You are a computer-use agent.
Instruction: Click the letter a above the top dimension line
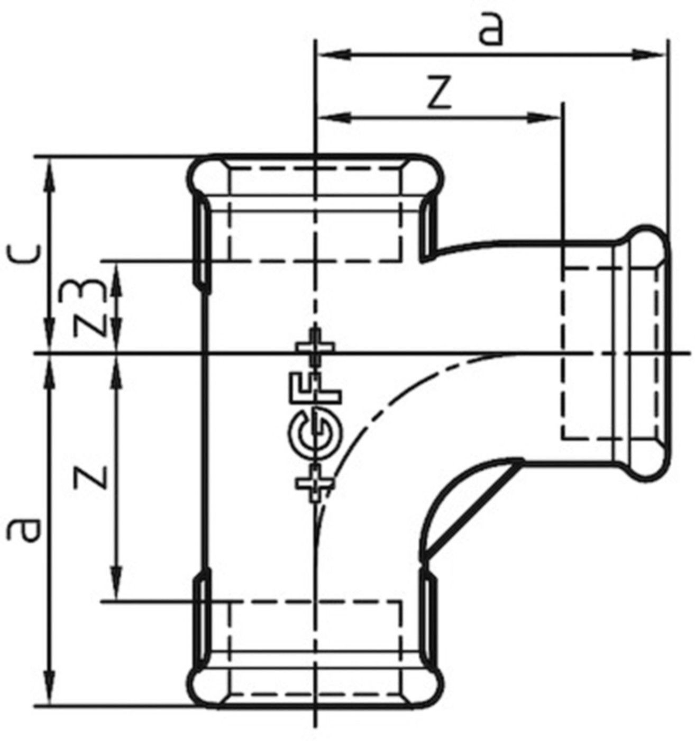489,30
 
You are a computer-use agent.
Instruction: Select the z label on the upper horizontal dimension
439,93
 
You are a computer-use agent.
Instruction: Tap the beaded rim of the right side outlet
643,352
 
